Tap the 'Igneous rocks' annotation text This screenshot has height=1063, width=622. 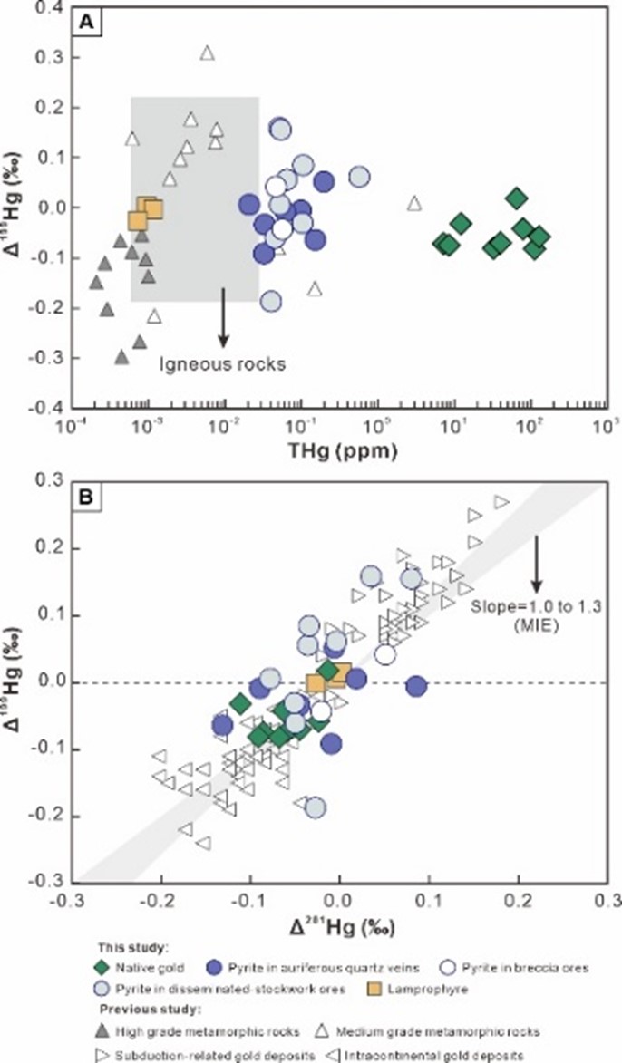[223, 364]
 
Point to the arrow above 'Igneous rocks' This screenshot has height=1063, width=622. [223, 317]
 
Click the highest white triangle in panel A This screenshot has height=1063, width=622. [207, 53]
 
